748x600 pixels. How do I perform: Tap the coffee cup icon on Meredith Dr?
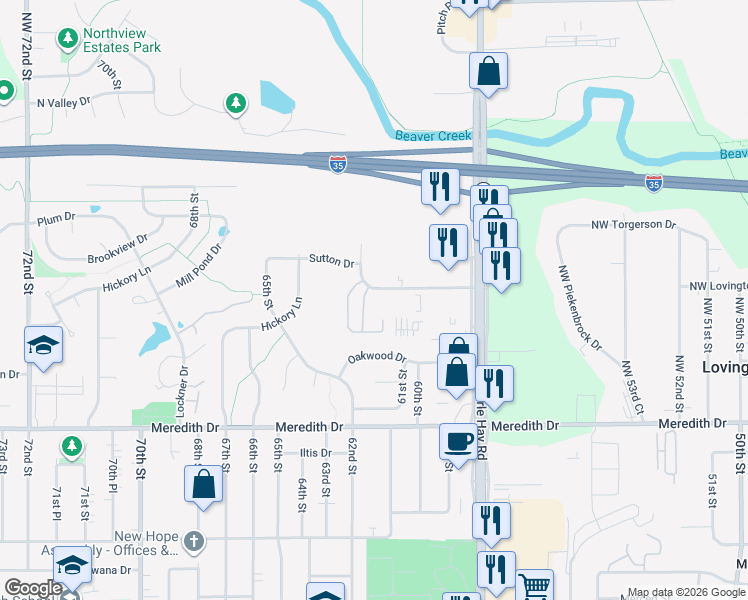459,440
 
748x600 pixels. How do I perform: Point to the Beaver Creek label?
431,136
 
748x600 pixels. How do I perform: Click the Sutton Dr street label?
332,262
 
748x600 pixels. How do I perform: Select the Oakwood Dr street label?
376,357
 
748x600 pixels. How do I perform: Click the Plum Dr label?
56,217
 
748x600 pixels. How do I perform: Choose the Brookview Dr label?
117,247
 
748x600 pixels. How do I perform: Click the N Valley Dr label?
63,102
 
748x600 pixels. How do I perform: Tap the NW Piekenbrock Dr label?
580,306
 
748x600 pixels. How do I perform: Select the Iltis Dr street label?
314,453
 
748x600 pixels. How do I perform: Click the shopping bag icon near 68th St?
203,484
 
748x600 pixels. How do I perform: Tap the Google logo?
33,588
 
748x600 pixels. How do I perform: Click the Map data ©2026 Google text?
685,592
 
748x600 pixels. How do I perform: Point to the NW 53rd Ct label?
632,389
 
